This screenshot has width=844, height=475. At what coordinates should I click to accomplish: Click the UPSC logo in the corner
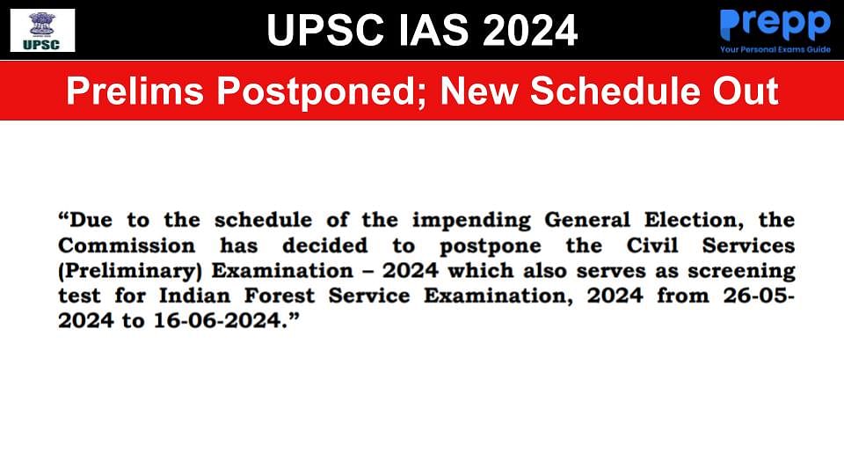42,30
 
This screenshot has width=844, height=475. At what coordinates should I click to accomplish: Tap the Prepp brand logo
775,25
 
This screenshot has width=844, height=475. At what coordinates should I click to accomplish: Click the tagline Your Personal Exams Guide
775,49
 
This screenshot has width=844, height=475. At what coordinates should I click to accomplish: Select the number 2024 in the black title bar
529,30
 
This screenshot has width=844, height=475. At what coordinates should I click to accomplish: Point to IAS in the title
433,30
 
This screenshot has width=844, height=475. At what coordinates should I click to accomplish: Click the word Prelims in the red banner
135,91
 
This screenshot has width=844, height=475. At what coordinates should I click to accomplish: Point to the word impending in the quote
471,221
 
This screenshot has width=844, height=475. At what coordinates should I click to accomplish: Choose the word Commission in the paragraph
127,245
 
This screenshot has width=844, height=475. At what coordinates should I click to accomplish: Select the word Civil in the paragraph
651,245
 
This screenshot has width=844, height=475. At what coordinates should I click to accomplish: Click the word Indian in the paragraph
195,296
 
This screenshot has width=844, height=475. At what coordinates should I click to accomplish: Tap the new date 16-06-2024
218,321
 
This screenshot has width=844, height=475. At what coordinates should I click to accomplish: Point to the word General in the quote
587,220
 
